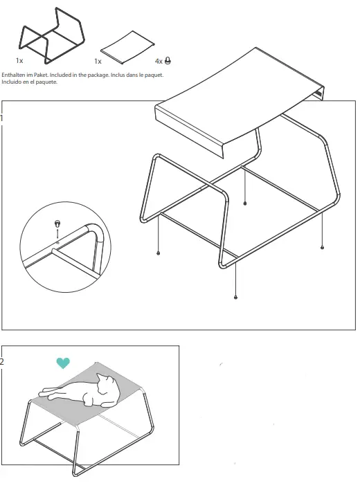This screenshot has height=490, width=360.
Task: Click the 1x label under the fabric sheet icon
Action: (98, 62)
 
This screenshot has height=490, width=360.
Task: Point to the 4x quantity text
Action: (159, 62)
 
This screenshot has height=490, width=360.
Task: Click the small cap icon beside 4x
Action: (168, 61)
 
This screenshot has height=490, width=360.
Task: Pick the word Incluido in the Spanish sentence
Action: (10, 81)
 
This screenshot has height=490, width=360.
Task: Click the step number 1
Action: (2, 118)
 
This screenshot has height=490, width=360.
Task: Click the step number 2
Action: (3, 361)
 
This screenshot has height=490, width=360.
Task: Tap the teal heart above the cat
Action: (63, 363)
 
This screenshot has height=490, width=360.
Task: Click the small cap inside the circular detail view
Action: (57, 224)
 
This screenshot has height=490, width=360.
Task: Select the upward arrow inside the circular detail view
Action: (57, 233)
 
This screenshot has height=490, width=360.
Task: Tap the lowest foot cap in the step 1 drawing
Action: (236, 297)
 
